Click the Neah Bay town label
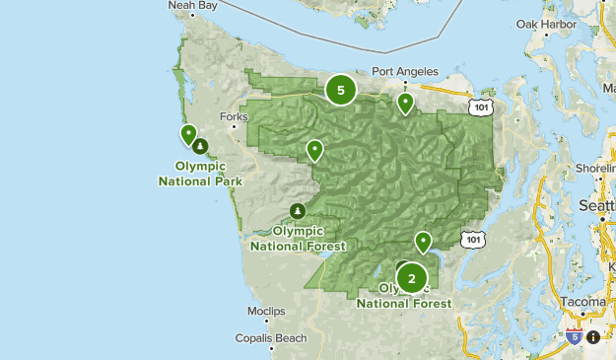coord(192,5)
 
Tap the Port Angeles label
coord(404,71)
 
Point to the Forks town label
coord(235,116)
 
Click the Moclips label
coord(266,311)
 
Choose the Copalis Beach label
coord(278,337)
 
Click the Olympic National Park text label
coord(200,173)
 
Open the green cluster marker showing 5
coord(340,91)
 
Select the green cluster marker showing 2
coord(412,278)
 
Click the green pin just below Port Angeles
coord(404,103)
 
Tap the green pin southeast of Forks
coord(314,149)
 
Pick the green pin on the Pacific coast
coord(188,134)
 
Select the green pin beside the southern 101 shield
coord(423,241)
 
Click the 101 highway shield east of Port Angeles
coord(480,104)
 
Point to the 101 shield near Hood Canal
coord(472,239)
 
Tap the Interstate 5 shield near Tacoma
coord(574,336)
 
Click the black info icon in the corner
coord(592,336)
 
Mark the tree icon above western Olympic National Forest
coord(298,211)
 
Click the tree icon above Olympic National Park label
coord(200,147)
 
